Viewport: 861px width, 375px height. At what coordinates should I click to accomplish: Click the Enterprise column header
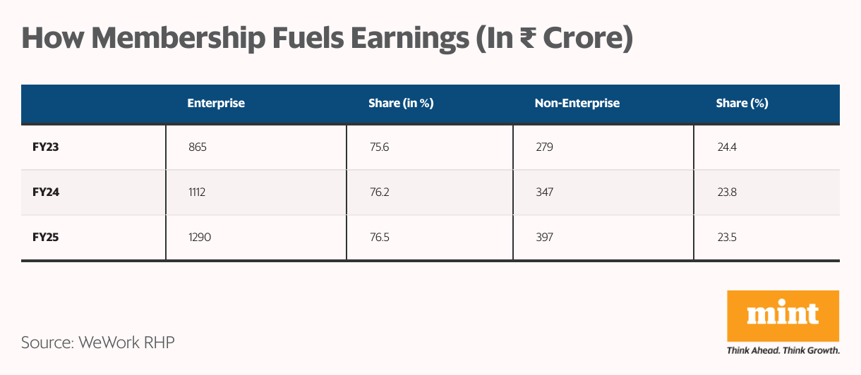[216, 104]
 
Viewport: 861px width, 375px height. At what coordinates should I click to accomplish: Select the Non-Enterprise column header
[577, 104]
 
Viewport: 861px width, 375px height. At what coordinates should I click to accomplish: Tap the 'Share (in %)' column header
[400, 104]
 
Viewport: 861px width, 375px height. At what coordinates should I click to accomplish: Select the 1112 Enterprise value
[197, 192]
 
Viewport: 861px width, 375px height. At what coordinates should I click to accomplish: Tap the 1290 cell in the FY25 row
[199, 238]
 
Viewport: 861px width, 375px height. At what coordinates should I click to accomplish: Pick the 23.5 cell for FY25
[726, 238]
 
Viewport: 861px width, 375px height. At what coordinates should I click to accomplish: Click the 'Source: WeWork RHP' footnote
[97, 343]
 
